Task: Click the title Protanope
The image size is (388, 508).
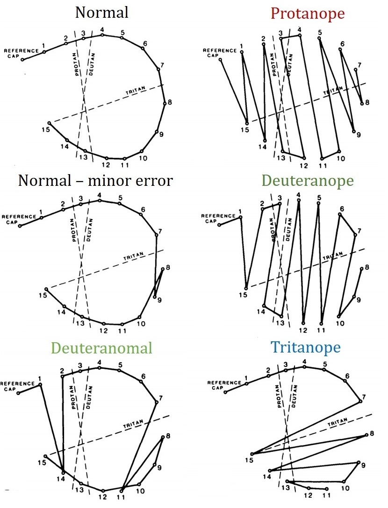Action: click(x=307, y=13)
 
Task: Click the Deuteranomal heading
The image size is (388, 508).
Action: click(x=102, y=348)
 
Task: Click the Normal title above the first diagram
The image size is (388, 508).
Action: click(x=102, y=13)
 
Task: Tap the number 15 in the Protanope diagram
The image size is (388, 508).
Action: click(x=244, y=129)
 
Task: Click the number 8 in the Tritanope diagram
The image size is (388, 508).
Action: click(x=372, y=434)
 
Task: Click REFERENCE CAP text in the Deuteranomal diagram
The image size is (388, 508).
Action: click(x=17, y=386)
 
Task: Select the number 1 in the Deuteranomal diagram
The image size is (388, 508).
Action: click(x=40, y=379)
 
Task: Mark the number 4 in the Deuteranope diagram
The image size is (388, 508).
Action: click(x=298, y=195)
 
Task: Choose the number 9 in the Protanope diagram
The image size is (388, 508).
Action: click(x=359, y=135)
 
